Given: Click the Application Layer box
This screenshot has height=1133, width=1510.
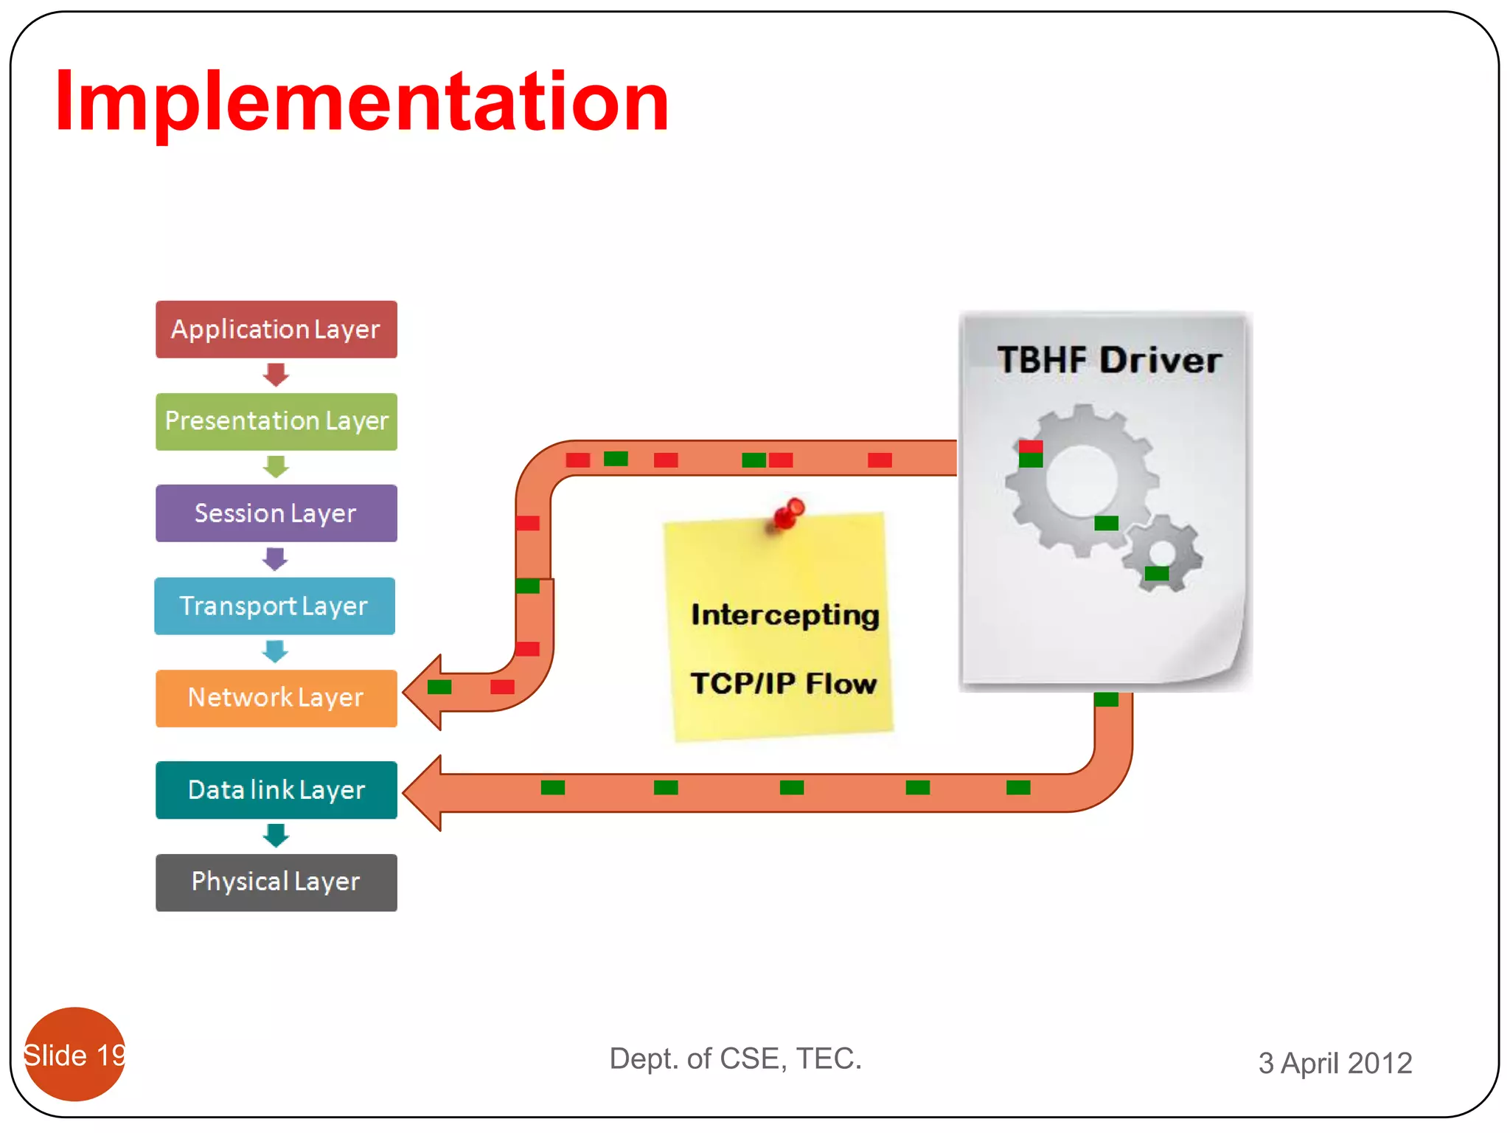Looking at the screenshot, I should tap(276, 329).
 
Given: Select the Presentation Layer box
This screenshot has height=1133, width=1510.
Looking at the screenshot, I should tap(276, 421).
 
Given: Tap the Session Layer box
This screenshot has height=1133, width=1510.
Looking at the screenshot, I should tap(276, 513).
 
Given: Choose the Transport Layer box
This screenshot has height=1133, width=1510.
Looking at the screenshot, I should tap(274, 606).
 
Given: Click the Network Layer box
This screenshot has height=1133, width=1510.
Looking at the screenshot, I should tap(276, 698).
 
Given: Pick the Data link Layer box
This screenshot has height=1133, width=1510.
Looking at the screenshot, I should tap(276, 790).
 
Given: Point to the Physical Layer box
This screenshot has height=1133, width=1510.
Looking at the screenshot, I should tap(276, 882).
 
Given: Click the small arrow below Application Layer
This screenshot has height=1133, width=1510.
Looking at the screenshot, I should tap(276, 375).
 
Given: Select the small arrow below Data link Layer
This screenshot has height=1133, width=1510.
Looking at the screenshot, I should tap(276, 836).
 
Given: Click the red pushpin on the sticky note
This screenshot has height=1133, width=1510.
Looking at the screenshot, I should tap(789, 513).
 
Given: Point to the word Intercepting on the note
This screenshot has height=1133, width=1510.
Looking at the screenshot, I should tap(785, 615).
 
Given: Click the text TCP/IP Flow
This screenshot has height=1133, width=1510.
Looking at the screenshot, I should tap(783, 684).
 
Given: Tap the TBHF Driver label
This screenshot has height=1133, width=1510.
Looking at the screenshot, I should tap(1109, 361).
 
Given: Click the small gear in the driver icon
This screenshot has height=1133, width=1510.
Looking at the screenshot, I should tap(1163, 553).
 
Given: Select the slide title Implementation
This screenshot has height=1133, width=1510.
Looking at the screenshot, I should tap(361, 101).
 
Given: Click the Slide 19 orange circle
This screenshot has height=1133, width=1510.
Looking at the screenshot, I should tap(74, 1054).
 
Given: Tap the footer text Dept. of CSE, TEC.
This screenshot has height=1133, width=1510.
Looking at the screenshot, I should tap(735, 1058).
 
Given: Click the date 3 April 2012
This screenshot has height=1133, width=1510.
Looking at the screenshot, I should tap(1335, 1063).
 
